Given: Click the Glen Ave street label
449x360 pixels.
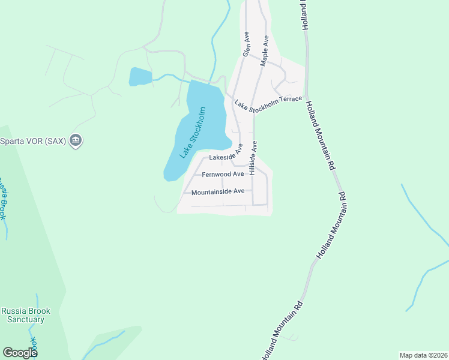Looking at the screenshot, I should click(x=246, y=45).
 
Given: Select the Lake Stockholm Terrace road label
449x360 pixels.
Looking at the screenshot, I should click(x=268, y=103).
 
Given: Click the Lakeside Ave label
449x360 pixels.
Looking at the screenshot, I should click(x=224, y=156).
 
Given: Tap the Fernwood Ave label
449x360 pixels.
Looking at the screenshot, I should click(x=223, y=175).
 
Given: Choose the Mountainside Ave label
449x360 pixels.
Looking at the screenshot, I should click(x=218, y=192).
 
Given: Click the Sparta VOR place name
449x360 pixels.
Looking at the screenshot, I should click(x=32, y=142).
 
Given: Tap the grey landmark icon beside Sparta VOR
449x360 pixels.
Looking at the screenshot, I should click(x=76, y=142).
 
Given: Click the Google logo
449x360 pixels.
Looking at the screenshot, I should click(x=19, y=353).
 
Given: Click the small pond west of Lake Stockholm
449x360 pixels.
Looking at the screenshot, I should click(x=140, y=77).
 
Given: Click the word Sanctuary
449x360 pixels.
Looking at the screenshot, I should click(x=26, y=319).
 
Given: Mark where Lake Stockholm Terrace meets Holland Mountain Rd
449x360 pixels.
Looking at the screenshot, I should click(x=306, y=96).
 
